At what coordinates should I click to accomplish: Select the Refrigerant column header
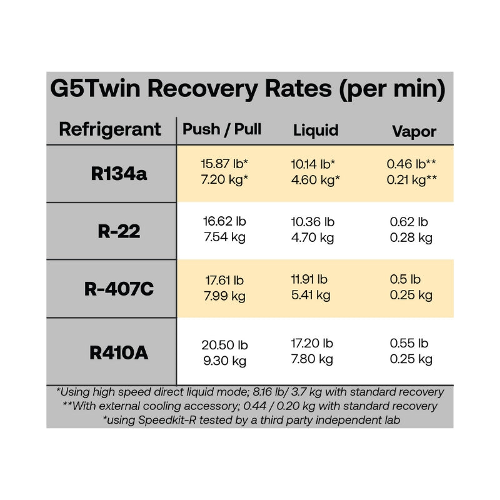pos(110,130)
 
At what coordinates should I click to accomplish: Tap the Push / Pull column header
pos(222,129)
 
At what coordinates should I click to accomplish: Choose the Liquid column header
pos(316,130)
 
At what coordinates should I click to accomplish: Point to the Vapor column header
pos(414,131)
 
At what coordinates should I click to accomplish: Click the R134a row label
pos(119,173)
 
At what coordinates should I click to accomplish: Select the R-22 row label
pos(119,231)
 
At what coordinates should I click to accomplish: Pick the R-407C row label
pos(119,289)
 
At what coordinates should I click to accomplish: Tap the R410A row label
pos(119,352)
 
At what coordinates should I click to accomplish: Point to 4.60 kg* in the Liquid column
pos(316,180)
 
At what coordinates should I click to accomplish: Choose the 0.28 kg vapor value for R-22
pos(411,237)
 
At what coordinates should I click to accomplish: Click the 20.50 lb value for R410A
pos(224,345)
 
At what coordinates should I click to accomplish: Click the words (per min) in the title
pos(391,89)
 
